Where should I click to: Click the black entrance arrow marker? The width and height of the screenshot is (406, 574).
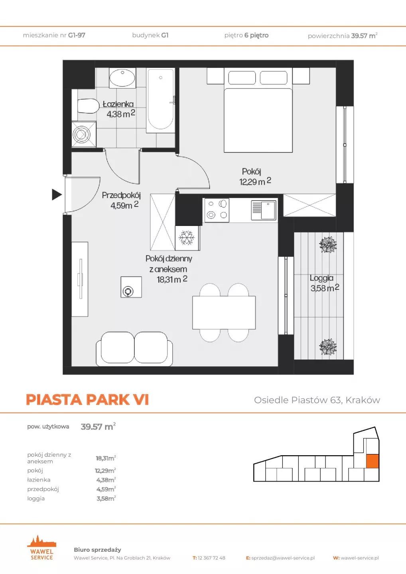coord(57,195)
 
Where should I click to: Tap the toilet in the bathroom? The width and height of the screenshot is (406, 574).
coord(88,106)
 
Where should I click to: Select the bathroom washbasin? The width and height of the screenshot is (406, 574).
coord(122,78)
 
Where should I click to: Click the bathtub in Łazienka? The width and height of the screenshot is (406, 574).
coord(161,100)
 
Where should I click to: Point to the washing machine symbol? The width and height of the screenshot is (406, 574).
coord(84,134)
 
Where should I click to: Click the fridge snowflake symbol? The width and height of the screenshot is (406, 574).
coord(187,238)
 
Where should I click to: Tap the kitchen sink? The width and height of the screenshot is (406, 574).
coord(264,210)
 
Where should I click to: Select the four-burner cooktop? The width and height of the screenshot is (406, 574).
coord(217,210)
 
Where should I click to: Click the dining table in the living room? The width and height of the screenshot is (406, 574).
coord(224,313)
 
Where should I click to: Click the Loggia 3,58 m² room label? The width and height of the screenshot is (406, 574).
coord(324,283)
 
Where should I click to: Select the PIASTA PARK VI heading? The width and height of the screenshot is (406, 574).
coord(87,399)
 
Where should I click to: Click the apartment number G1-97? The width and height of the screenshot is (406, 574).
coord(77,35)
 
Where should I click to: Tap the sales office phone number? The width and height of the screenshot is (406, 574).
coord(211,558)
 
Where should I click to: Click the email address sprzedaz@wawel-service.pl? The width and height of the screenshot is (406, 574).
coord(283,558)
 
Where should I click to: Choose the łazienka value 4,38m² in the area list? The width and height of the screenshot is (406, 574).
coord(106,480)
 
